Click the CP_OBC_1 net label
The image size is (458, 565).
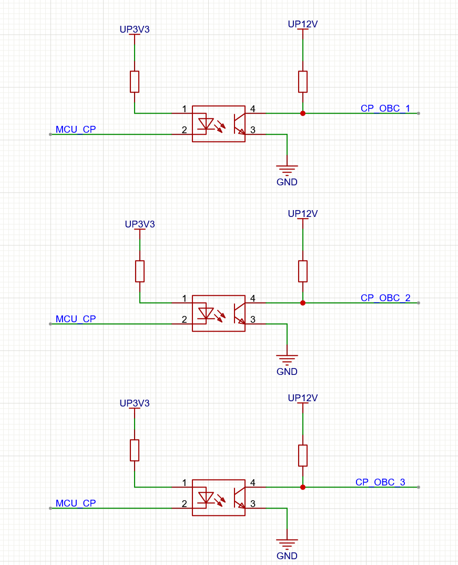click(385, 108)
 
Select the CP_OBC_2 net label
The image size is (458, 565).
click(385, 298)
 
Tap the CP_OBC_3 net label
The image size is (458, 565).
click(380, 482)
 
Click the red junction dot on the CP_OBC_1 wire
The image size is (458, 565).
click(303, 113)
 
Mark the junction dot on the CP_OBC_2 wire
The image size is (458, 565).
click(303, 303)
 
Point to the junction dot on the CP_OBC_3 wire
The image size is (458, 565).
click(303, 487)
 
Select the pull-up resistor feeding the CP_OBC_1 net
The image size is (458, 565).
click(303, 82)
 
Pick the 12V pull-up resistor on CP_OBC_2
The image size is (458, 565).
click(303, 271)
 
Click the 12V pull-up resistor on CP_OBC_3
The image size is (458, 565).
click(303, 455)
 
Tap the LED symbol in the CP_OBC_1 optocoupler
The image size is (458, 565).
click(206, 124)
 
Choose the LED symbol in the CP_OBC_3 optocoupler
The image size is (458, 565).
click(206, 498)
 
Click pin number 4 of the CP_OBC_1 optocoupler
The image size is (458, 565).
click(253, 109)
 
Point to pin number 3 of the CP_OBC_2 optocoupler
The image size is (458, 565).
click(253, 320)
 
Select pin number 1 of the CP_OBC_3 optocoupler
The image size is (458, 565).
click(184, 483)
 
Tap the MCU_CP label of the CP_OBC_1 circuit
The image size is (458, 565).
click(76, 130)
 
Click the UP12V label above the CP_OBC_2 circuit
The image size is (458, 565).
click(303, 214)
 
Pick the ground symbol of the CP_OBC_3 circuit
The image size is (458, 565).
click(287, 542)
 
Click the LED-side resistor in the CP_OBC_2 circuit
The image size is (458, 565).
click(140, 271)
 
